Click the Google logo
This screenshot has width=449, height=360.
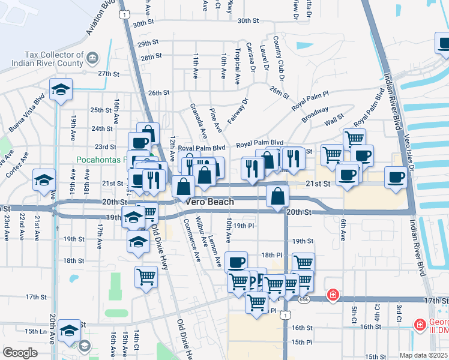[20, 353]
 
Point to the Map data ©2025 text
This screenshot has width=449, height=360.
[423, 355]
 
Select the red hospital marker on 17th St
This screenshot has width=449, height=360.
[332, 295]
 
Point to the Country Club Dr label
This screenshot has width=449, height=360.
[279, 58]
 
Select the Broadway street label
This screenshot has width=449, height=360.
[315, 115]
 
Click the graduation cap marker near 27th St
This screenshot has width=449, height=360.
[61, 91]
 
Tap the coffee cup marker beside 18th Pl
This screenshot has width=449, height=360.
[236, 262]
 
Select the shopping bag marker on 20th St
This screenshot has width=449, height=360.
[277, 196]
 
